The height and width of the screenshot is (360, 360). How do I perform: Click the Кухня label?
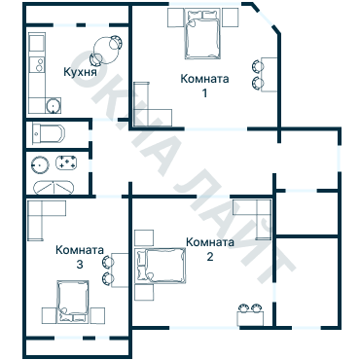pyautogui.click(x=80, y=72)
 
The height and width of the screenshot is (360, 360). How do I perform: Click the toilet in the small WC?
pyautogui.click(x=47, y=133)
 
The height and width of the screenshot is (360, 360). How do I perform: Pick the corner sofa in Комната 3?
pyautogui.click(x=45, y=219)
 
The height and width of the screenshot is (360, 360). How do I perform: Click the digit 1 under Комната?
pyautogui.click(x=205, y=93)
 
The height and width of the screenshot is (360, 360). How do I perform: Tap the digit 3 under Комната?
pyautogui.click(x=79, y=263)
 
